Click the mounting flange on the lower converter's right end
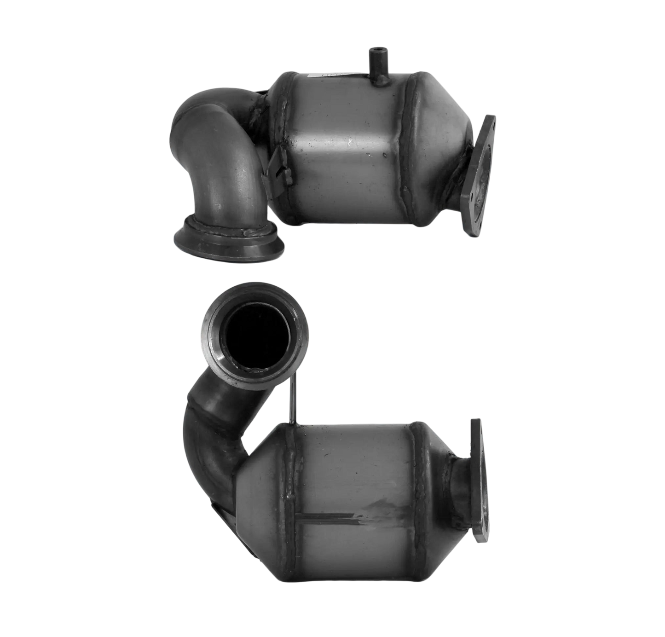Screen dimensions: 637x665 pos(479,483)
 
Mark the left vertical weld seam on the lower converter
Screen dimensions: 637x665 pos(290,497)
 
